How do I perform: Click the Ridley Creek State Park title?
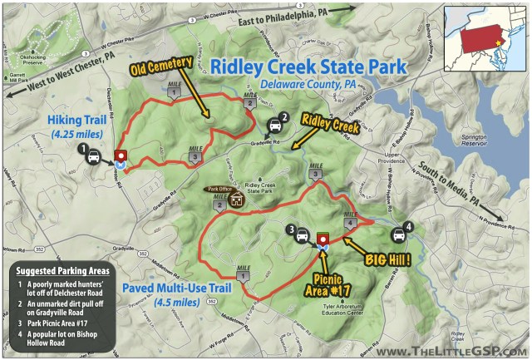point(308,67)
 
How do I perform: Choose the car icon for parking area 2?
point(274,126)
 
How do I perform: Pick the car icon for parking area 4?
point(400,234)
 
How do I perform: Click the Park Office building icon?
point(236,200)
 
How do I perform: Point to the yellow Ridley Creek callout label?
point(329,126)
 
